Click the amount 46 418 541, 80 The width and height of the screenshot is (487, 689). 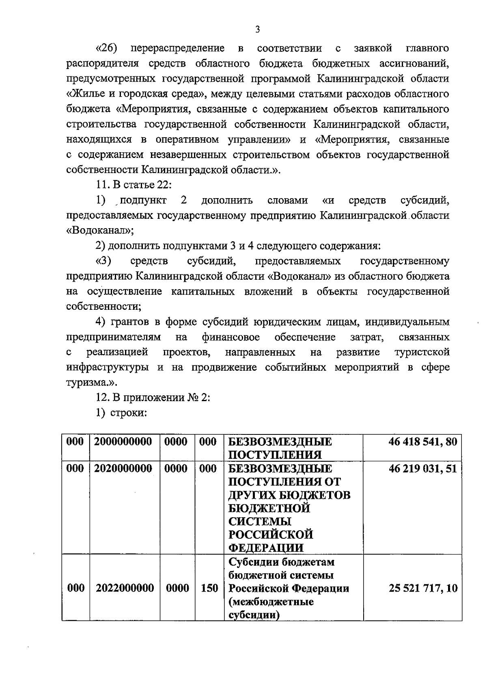(x=422, y=442)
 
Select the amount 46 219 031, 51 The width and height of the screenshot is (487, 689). (x=422, y=469)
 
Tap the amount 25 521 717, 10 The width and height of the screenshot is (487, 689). (x=423, y=588)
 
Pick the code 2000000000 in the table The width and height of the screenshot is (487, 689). (x=123, y=442)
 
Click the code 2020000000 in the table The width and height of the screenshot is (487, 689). (x=123, y=469)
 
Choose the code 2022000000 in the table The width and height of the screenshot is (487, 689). (x=125, y=588)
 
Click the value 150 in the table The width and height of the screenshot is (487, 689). (x=209, y=588)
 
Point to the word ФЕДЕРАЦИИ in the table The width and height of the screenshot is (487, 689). (x=266, y=548)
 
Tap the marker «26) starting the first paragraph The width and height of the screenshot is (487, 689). (x=106, y=49)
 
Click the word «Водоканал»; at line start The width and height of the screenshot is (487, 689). (x=100, y=231)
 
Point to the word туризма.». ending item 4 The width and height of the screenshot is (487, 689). (x=92, y=382)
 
